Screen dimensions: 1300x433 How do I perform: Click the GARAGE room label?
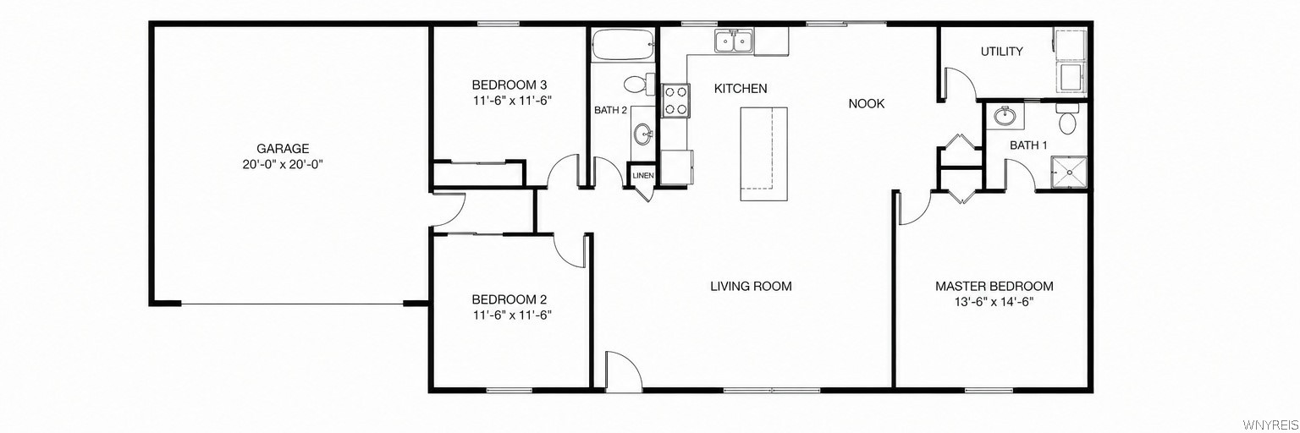[x=283, y=149]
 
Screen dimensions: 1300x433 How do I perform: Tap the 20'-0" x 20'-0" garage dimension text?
[x=283, y=165]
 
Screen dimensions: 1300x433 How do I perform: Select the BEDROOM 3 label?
[x=510, y=85]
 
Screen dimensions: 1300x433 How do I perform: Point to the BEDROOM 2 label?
[x=509, y=299]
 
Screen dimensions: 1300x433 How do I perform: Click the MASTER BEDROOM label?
[x=994, y=287]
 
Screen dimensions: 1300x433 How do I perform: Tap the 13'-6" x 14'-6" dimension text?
[x=994, y=302]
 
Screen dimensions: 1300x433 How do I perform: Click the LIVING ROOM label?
[x=751, y=287]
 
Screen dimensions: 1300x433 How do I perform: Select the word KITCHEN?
[x=741, y=89]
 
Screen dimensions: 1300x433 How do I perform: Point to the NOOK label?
[x=867, y=104]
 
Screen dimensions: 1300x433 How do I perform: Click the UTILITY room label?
[x=1002, y=52]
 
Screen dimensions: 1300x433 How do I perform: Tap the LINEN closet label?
[x=643, y=176]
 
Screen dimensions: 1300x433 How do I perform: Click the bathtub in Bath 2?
[x=623, y=44]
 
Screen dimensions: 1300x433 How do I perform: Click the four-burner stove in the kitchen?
[x=675, y=101]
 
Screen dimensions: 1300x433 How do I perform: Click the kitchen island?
[x=763, y=154]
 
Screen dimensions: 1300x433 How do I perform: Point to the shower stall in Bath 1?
[x=1068, y=173]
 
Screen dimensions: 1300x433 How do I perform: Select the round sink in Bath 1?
[x=1004, y=117]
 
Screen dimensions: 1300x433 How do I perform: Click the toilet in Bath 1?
[x=1066, y=119]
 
